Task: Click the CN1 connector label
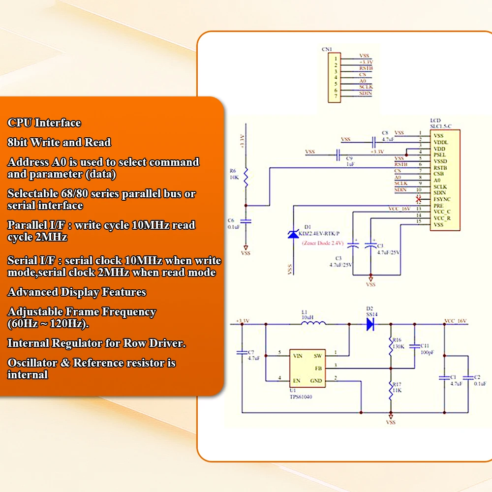pos(327,49)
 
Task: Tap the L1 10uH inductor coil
pos(313,323)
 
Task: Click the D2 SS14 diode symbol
pos(370,324)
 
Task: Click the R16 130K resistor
pos(391,343)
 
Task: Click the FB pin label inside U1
pos(318,368)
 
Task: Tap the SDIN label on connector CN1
pos(366,93)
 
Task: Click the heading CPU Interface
pos(44,123)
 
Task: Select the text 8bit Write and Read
pos(59,143)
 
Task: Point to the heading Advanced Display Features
pos(77,292)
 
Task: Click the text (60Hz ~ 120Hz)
pos(48,324)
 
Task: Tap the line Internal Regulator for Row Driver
pos(96,343)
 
